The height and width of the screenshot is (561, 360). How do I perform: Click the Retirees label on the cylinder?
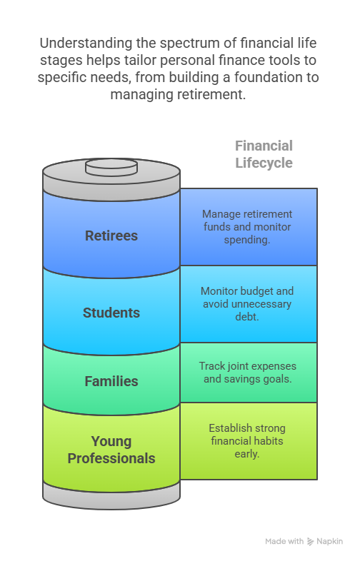(111, 236)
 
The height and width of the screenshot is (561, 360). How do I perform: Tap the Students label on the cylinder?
(111, 313)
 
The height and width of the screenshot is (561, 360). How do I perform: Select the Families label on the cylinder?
(111, 381)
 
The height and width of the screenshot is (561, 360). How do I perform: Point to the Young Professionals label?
(111, 450)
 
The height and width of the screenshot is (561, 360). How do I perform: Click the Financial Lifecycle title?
(264, 154)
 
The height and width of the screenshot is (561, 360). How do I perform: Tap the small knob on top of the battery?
(111, 168)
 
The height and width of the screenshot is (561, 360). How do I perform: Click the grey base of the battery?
(111, 495)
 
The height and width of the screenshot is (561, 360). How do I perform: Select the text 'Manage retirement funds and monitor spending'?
(247, 227)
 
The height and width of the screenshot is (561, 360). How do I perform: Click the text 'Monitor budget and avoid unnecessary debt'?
(247, 304)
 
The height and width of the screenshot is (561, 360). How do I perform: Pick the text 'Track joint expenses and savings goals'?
(248, 373)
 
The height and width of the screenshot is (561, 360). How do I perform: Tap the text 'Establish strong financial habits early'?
(247, 441)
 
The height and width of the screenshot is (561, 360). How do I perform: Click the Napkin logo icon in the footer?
(310, 542)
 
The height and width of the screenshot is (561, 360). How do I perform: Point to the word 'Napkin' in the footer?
(329, 542)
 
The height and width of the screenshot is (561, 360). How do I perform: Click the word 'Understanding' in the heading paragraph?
(86, 44)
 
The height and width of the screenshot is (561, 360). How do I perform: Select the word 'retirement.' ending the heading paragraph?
(211, 95)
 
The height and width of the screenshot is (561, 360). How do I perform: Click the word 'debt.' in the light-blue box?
(247, 317)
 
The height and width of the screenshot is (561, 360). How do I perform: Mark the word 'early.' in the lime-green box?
(247, 454)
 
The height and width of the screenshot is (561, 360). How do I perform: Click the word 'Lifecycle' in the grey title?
(264, 163)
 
